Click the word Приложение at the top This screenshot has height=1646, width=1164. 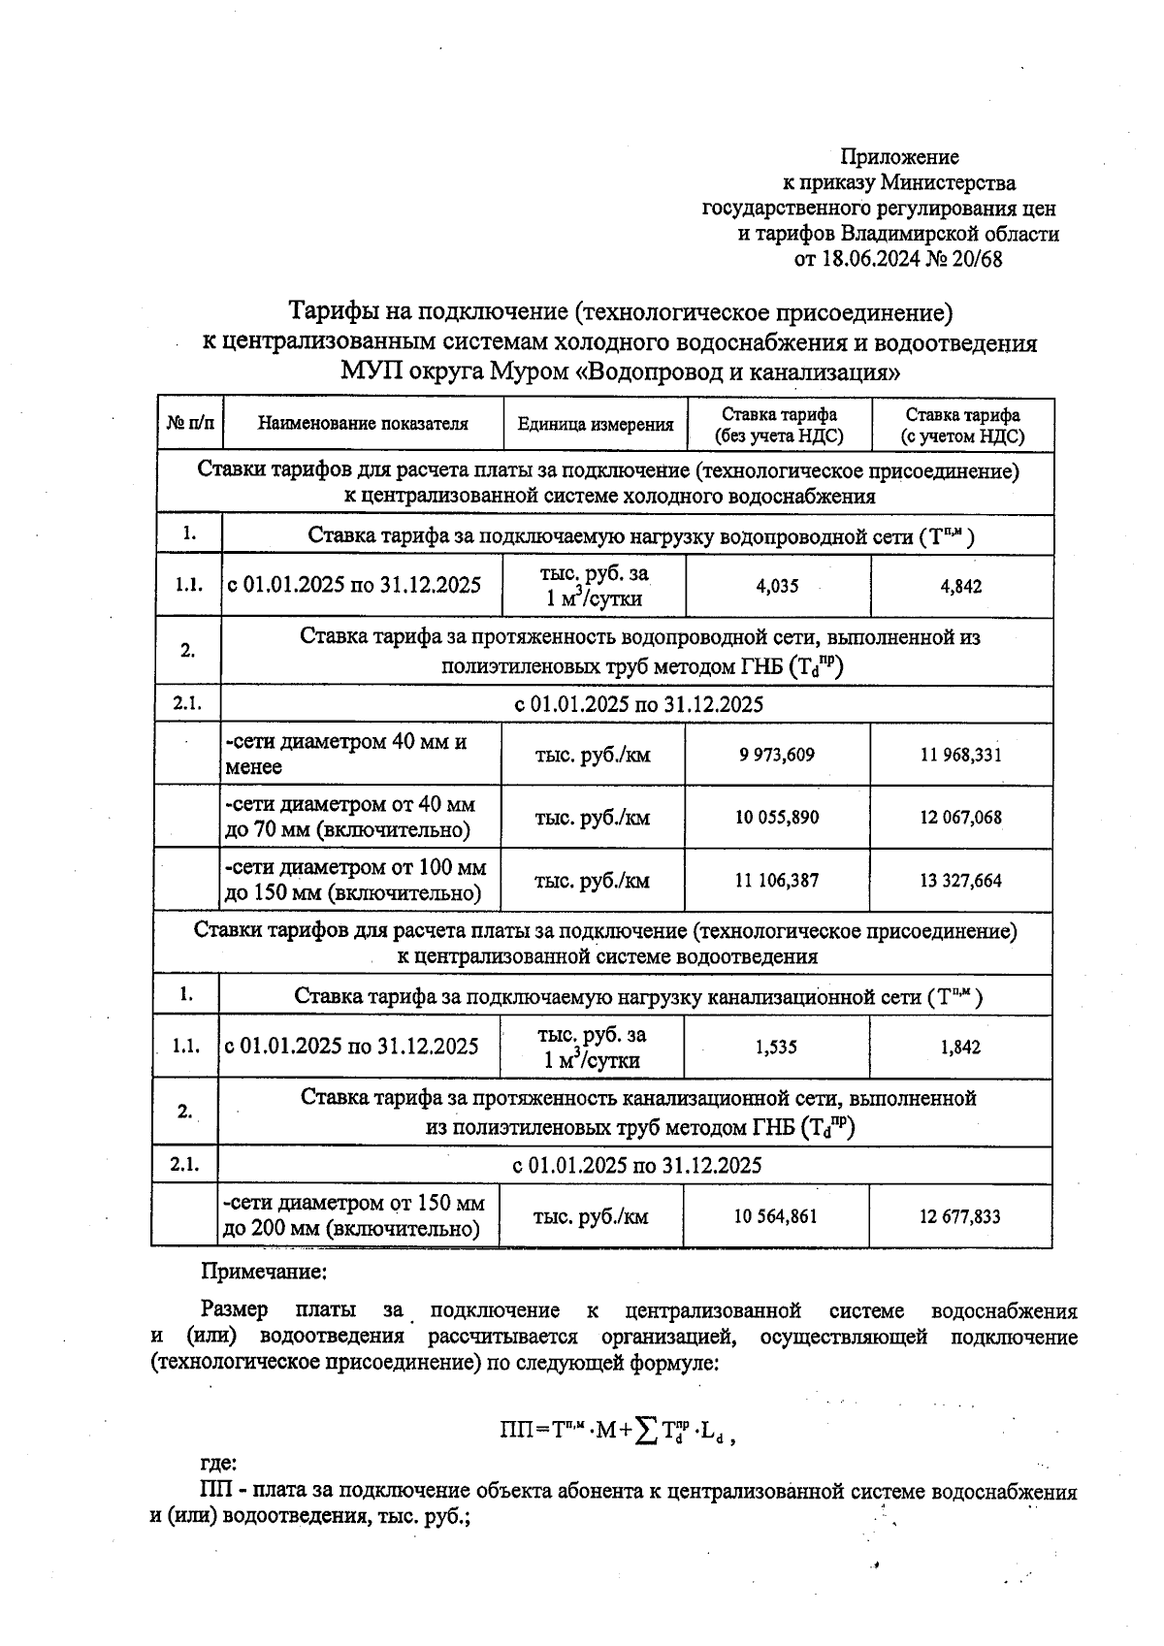coord(899,157)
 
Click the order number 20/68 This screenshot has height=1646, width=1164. coord(977,259)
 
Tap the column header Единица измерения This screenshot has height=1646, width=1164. coord(595,424)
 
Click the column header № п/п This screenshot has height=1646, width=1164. coord(190,424)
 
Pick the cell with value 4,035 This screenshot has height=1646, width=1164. coord(777,586)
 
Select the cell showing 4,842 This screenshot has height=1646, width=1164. coord(960,586)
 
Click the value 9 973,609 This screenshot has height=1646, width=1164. coord(777,755)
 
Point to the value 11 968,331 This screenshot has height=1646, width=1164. coord(960,755)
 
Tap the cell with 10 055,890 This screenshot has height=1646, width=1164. coord(777,817)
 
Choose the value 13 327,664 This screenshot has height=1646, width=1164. coord(960,881)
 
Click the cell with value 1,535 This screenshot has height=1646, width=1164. coord(776,1047)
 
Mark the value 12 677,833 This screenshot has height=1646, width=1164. coord(959,1216)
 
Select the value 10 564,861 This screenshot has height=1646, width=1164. coord(776,1216)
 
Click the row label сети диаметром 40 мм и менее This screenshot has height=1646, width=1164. coord(346,754)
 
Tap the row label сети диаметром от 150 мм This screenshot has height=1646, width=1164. coord(353,1204)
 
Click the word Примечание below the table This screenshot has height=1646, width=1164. coord(263,1271)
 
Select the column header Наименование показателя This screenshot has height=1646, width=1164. coord(363,424)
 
